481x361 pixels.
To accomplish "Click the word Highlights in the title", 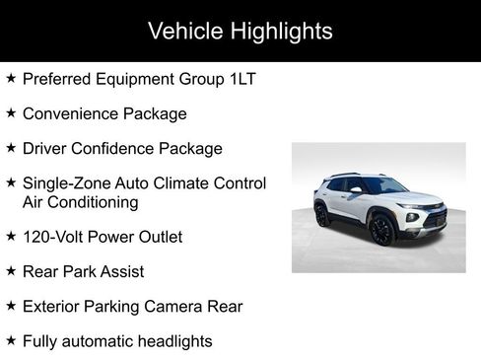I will [x=281, y=31].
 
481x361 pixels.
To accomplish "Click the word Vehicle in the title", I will [x=184, y=31].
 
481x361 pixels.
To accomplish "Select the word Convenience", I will [x=71, y=113].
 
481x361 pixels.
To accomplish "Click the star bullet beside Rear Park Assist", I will [x=11, y=270].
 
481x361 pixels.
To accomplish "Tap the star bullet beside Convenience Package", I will [x=11, y=113].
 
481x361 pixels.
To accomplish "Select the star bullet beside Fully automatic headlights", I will [x=11, y=341].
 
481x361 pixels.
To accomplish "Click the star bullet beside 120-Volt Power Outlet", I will [x=11, y=237].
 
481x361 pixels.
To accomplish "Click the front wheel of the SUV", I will [x=381, y=229].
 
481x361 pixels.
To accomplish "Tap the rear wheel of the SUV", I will [x=322, y=214].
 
